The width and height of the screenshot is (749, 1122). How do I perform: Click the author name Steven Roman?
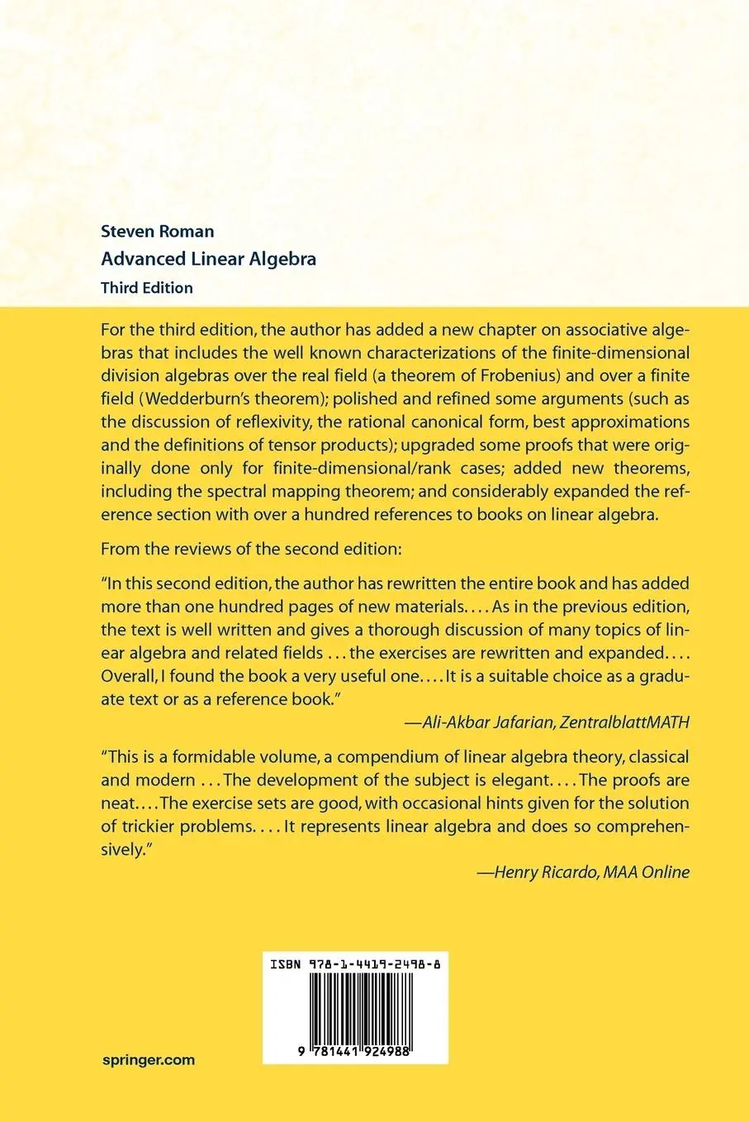(157, 231)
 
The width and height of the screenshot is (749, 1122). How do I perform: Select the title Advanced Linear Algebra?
(208, 259)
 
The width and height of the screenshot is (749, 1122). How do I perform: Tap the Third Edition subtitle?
(146, 288)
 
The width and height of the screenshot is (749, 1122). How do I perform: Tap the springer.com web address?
(148, 1060)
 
